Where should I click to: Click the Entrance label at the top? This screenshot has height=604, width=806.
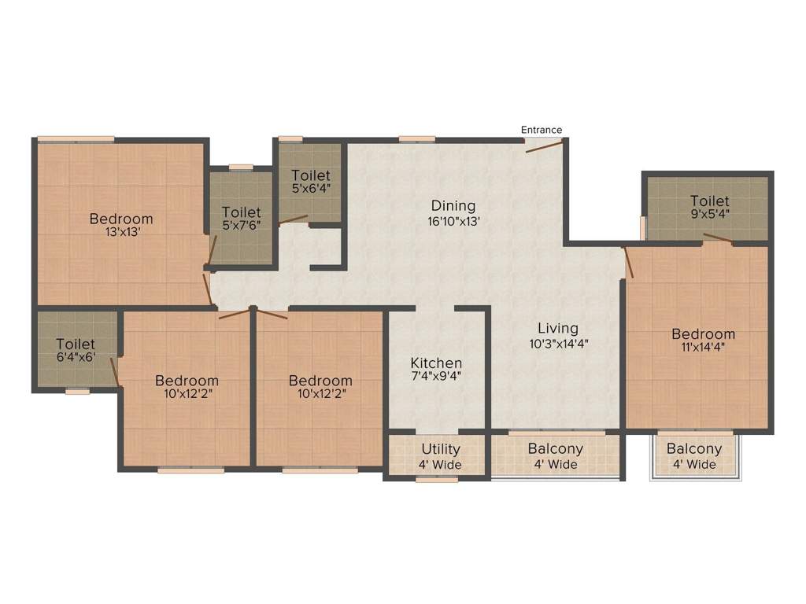pyautogui.click(x=542, y=130)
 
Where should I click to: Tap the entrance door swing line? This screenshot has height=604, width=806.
pyautogui.click(x=543, y=145)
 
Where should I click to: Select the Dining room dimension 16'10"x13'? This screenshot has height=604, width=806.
pyautogui.click(x=454, y=222)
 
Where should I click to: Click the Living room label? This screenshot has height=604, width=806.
pyautogui.click(x=558, y=328)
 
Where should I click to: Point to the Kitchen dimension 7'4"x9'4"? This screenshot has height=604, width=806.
pyautogui.click(x=437, y=377)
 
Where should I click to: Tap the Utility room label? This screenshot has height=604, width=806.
pyautogui.click(x=441, y=450)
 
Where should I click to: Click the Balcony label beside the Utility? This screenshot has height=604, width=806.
pyautogui.click(x=556, y=449)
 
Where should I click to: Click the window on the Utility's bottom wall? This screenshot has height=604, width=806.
pyautogui.click(x=437, y=478)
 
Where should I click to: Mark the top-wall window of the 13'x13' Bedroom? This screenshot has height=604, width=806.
pyautogui.click(x=76, y=139)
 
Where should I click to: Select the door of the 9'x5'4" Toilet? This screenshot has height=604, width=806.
pyautogui.click(x=717, y=239)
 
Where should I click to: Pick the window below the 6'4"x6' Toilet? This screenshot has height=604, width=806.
pyautogui.click(x=77, y=390)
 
